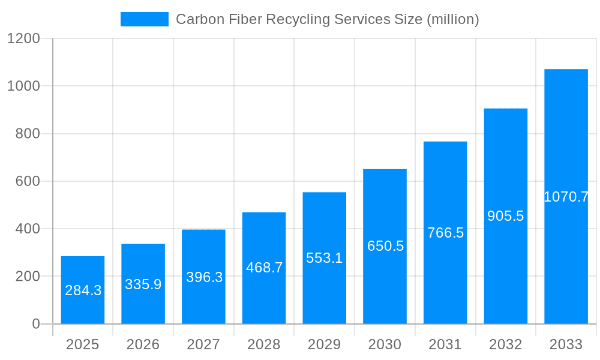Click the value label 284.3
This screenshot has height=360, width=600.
click(x=83, y=291)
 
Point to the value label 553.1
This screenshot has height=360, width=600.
click(x=324, y=259)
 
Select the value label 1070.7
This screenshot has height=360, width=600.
click(x=566, y=197)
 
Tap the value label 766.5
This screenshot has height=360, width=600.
click(x=445, y=233)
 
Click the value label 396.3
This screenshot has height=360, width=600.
click(x=204, y=277)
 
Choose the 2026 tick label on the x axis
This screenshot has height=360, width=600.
click(x=143, y=344)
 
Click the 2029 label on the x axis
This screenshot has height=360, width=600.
click(x=324, y=344)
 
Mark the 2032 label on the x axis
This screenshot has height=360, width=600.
click(x=505, y=344)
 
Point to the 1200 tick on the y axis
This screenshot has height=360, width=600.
click(x=23, y=39)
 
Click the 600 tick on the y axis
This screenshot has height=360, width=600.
click(x=28, y=181)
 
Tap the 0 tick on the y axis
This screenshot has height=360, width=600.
click(x=35, y=324)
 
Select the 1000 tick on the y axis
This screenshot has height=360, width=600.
click(x=23, y=86)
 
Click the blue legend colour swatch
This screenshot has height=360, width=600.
click(x=145, y=19)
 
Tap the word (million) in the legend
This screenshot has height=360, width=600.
click(x=452, y=20)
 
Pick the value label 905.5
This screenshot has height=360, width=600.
click(x=505, y=216)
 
